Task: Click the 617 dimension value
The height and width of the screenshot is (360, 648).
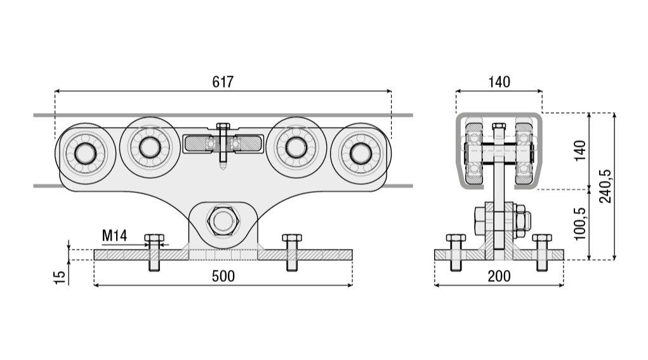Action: coord(223,82)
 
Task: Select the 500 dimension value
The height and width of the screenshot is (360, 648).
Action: coord(223,276)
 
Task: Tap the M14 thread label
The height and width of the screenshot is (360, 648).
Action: coord(114,236)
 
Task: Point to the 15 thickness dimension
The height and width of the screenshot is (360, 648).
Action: coord(60,277)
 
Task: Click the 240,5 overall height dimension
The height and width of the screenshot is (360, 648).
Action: coord(605,186)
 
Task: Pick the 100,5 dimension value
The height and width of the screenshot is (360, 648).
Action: coord(580,223)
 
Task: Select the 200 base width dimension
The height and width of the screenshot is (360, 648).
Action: coord(499,276)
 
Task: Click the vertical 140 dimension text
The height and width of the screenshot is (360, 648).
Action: coord(580,150)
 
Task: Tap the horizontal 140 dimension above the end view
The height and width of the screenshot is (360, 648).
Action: coord(499,82)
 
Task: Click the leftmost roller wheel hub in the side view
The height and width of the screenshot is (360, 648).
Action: coord(86,154)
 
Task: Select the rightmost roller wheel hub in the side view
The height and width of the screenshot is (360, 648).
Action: coord(360,154)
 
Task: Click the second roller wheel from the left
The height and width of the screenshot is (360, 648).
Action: coord(150,147)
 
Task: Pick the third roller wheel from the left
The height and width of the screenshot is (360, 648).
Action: coord(296,147)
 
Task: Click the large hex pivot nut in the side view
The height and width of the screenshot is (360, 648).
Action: coord(223,221)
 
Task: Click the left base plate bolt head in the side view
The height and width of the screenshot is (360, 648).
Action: coord(154,237)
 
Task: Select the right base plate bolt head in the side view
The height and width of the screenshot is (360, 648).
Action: coord(292,237)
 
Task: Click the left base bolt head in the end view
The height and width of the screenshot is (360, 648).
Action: coord(456,237)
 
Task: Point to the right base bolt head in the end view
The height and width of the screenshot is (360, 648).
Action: coord(542,237)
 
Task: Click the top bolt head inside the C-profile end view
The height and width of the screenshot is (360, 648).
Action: coord(499,126)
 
